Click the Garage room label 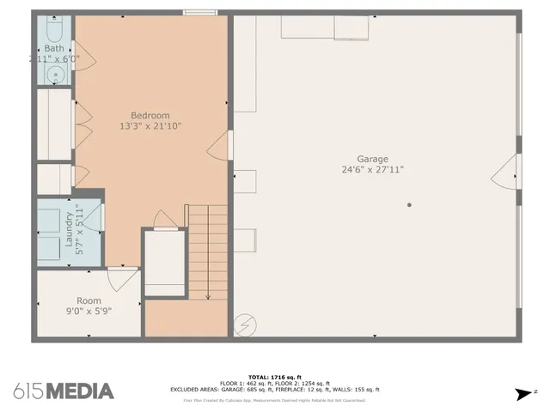tap(373, 159)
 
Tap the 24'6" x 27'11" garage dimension tap(373, 170)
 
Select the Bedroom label tap(150, 116)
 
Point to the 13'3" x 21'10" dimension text tap(150, 127)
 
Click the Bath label tap(54, 49)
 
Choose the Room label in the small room tap(89, 301)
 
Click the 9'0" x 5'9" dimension tap(89, 312)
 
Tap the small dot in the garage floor tap(409, 205)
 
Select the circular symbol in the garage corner tap(246, 324)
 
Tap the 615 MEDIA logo tap(64, 391)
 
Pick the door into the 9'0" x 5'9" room tap(122, 276)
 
